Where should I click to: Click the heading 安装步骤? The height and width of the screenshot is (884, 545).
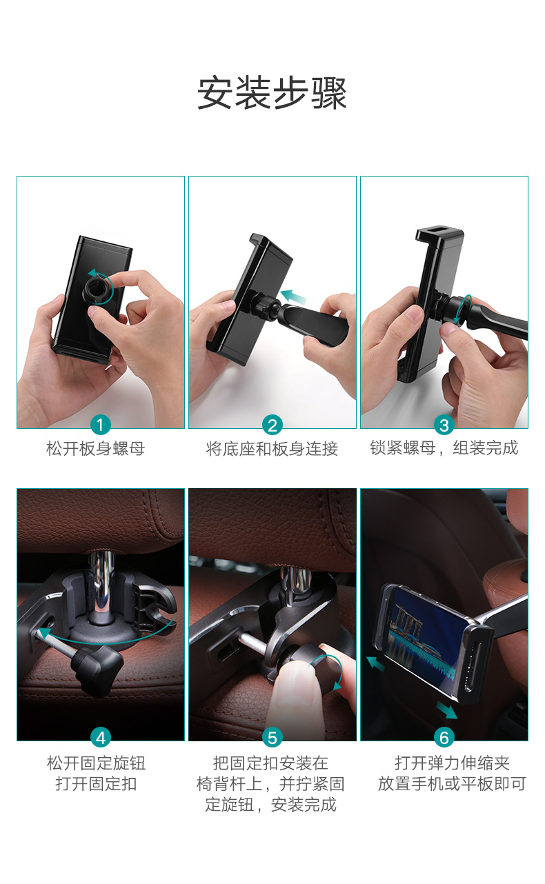pyautogui.click(x=272, y=93)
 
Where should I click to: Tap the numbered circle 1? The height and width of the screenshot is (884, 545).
pyautogui.click(x=101, y=425)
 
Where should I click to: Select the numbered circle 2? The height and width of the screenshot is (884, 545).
pyautogui.click(x=272, y=425)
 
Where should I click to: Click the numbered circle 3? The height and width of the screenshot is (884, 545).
pyautogui.click(x=444, y=425)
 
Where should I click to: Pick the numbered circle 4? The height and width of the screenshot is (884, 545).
pyautogui.click(x=101, y=738)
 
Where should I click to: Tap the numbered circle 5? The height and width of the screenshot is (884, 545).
pyautogui.click(x=272, y=738)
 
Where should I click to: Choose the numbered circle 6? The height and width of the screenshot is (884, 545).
pyautogui.click(x=444, y=738)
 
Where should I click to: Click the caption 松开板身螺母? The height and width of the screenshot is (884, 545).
pyautogui.click(x=96, y=449)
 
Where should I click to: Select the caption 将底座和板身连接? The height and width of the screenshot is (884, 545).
pyautogui.click(x=272, y=449)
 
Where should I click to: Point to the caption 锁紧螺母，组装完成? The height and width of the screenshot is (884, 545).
pyautogui.click(x=444, y=448)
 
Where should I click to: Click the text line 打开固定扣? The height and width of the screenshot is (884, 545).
pyautogui.click(x=96, y=784)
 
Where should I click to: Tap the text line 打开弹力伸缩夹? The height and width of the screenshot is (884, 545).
pyautogui.click(x=452, y=763)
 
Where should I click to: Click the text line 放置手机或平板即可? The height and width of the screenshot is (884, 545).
pyautogui.click(x=452, y=784)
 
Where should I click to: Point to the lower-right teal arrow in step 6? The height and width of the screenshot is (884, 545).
pyautogui.click(x=447, y=710)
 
